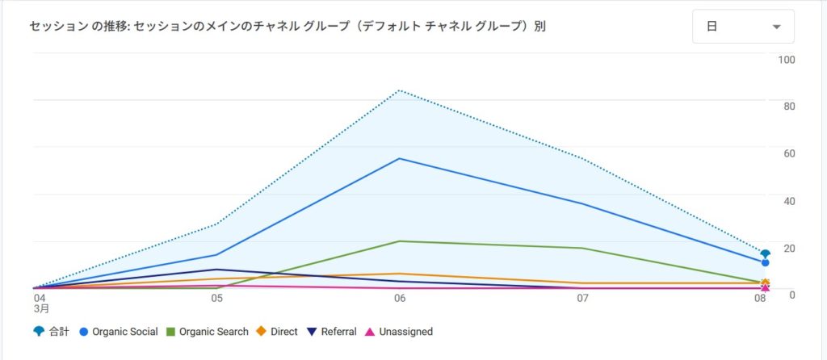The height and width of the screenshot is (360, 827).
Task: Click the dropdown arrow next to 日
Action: point(776,27)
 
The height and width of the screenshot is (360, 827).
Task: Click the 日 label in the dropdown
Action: point(712,27)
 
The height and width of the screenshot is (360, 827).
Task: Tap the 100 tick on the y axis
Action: point(786,60)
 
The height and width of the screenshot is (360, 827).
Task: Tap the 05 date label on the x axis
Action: point(216,298)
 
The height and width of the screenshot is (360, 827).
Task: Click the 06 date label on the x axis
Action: point(399,298)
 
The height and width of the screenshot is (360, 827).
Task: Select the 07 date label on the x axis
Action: point(581,298)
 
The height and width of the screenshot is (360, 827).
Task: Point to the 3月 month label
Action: point(41,308)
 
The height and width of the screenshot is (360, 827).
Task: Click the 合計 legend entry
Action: point(52,332)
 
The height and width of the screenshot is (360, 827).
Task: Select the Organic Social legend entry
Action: point(118,332)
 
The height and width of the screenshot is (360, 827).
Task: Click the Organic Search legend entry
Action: point(207,332)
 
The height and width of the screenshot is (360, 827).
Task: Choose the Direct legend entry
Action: point(277,332)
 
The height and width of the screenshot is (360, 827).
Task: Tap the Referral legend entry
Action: point(331,332)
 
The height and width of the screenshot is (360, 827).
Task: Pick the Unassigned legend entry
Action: point(399,332)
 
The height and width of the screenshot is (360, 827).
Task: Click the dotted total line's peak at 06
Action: point(399,90)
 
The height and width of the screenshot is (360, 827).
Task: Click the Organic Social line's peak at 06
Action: point(399,158)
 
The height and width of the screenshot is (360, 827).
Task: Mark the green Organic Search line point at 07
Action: point(581,248)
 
